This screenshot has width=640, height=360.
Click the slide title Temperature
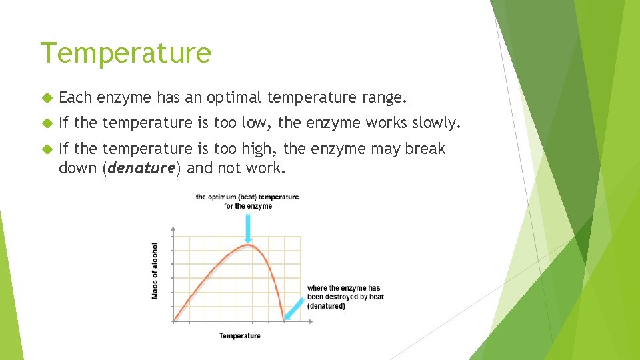click(x=125, y=53)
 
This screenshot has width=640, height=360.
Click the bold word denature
click(x=141, y=168)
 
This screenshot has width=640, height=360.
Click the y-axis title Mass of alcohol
click(x=155, y=270)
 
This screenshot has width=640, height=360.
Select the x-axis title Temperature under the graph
click(x=240, y=335)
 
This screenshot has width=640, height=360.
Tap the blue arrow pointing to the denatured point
click(x=292, y=309)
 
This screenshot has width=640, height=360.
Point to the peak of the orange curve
click(x=247, y=246)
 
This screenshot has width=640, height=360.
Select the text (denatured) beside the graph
click(x=326, y=307)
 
